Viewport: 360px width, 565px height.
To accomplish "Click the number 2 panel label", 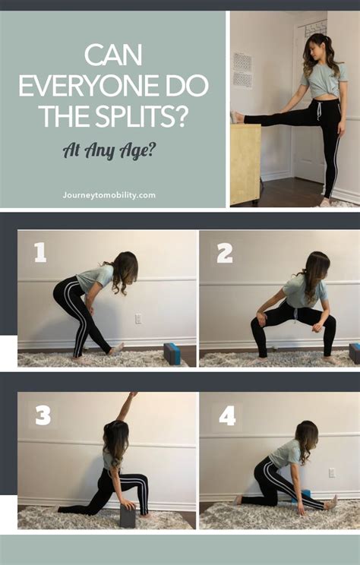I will (224, 254).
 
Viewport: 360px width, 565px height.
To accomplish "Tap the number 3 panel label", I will (43, 415).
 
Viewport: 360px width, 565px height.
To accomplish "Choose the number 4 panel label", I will (226, 415).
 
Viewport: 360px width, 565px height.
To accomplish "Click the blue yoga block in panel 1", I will (172, 353).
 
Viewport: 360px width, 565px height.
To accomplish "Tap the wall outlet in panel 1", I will (138, 319).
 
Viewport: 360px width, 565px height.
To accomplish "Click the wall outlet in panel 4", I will (332, 472).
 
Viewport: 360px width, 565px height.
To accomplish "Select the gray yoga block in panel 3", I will (128, 516).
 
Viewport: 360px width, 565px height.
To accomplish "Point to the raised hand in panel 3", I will (134, 396).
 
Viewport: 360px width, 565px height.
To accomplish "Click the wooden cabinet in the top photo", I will (245, 163).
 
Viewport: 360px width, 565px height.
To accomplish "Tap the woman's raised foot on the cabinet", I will (237, 118).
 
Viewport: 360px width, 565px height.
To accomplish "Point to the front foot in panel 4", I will (331, 503).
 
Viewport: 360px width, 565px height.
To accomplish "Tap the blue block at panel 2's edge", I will (355, 353).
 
